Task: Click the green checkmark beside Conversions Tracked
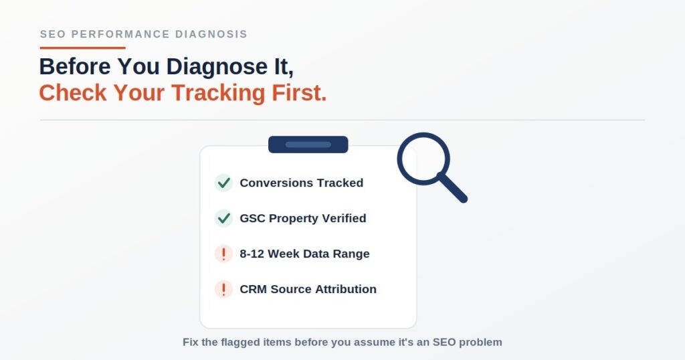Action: point(223,183)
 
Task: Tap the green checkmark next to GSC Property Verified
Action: point(223,218)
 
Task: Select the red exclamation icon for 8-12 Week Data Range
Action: point(223,254)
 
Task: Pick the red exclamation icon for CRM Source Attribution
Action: point(223,289)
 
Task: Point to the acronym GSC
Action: point(252,218)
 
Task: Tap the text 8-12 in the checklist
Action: point(252,254)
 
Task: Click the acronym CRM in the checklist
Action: point(253,289)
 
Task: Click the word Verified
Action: point(344,218)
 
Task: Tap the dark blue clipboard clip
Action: point(308,145)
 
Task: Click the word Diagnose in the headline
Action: point(217,67)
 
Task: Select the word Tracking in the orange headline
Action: point(218,92)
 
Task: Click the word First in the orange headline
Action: point(299,92)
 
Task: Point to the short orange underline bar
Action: point(82,48)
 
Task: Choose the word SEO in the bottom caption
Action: point(444,342)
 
